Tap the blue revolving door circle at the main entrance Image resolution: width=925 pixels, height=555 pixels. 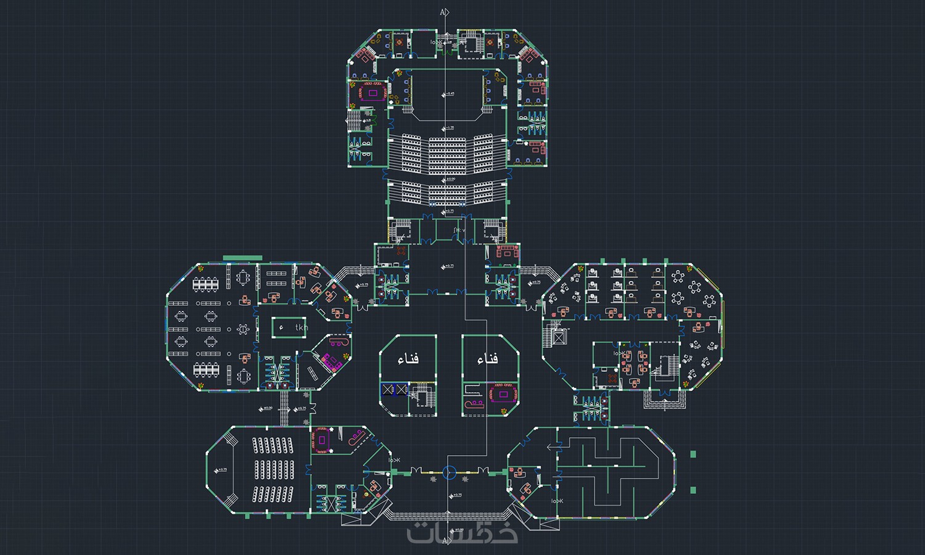tap(450, 473)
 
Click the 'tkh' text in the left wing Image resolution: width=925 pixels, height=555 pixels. tap(301, 327)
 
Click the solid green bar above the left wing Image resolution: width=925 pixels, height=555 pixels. tap(242, 258)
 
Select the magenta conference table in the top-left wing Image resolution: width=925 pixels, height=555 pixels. tap(372, 93)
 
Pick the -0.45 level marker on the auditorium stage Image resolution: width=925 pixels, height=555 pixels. tap(448, 94)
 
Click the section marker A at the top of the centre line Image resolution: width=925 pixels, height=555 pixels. tap(444, 12)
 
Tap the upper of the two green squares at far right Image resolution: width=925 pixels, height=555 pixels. tap(693, 454)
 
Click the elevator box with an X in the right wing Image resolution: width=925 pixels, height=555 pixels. tap(559, 337)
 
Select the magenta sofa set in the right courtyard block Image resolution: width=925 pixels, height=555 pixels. tap(503, 393)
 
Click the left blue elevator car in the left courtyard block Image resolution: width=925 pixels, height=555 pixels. tap(387, 390)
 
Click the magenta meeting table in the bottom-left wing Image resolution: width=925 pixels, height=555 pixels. tap(322, 440)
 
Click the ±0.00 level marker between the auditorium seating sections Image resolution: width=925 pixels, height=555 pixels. tap(450, 179)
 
